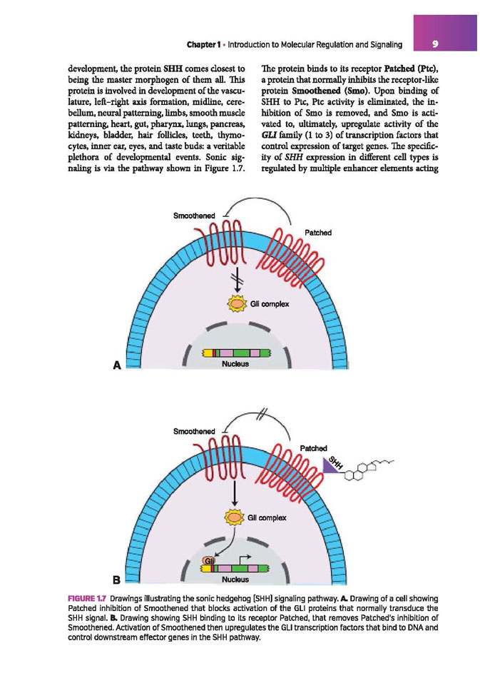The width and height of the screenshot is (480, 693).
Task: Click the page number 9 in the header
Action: tap(435, 44)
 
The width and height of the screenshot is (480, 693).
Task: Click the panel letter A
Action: tap(117, 365)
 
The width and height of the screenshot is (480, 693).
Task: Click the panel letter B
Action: tap(117, 580)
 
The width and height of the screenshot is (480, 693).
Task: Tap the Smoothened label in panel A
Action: tap(194, 216)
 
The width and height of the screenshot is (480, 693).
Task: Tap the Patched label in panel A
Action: tap(318, 233)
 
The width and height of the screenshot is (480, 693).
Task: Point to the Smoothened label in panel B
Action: tap(194, 431)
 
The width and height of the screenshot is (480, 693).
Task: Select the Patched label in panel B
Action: tap(314, 448)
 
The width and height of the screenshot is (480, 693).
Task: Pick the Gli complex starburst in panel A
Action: tap(237, 303)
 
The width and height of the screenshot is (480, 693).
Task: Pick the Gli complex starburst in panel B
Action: tap(235, 517)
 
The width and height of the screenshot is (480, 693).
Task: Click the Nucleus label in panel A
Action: tap(235, 364)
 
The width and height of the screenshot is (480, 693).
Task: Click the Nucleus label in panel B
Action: tap(235, 579)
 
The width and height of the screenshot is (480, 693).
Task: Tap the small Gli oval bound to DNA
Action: tap(209, 560)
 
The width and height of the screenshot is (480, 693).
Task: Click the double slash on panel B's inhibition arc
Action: tap(262, 413)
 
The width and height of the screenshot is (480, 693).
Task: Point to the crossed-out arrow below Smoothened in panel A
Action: tap(237, 279)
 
